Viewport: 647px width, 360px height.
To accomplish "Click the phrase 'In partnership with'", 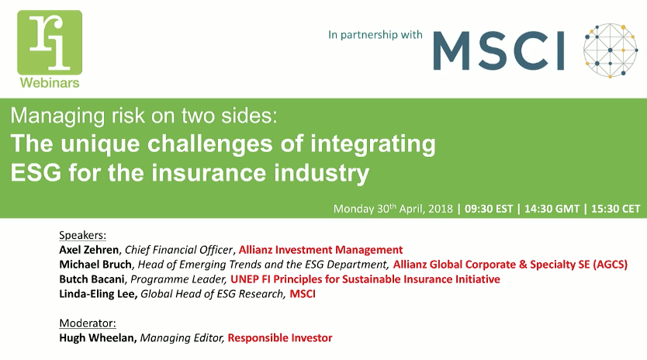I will click(375, 34).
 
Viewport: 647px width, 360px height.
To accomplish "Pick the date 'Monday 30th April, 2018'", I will click(393, 209).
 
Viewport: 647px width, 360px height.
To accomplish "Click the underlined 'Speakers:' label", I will click(83, 235).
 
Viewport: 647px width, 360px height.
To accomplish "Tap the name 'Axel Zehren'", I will click(88, 250).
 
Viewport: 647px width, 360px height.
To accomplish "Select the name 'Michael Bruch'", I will click(95, 265).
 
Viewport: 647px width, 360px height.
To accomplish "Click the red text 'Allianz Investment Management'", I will click(320, 250).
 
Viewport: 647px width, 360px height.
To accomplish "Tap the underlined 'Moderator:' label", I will click(88, 322).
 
